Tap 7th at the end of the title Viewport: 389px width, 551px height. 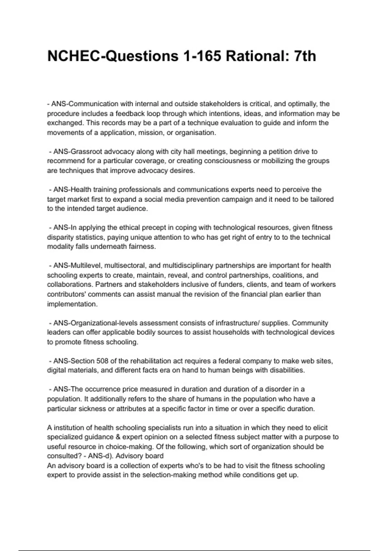click(304, 56)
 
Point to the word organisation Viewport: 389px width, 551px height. click(195, 133)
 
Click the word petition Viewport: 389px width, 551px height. click(275, 151)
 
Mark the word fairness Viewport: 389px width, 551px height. click(142, 246)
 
